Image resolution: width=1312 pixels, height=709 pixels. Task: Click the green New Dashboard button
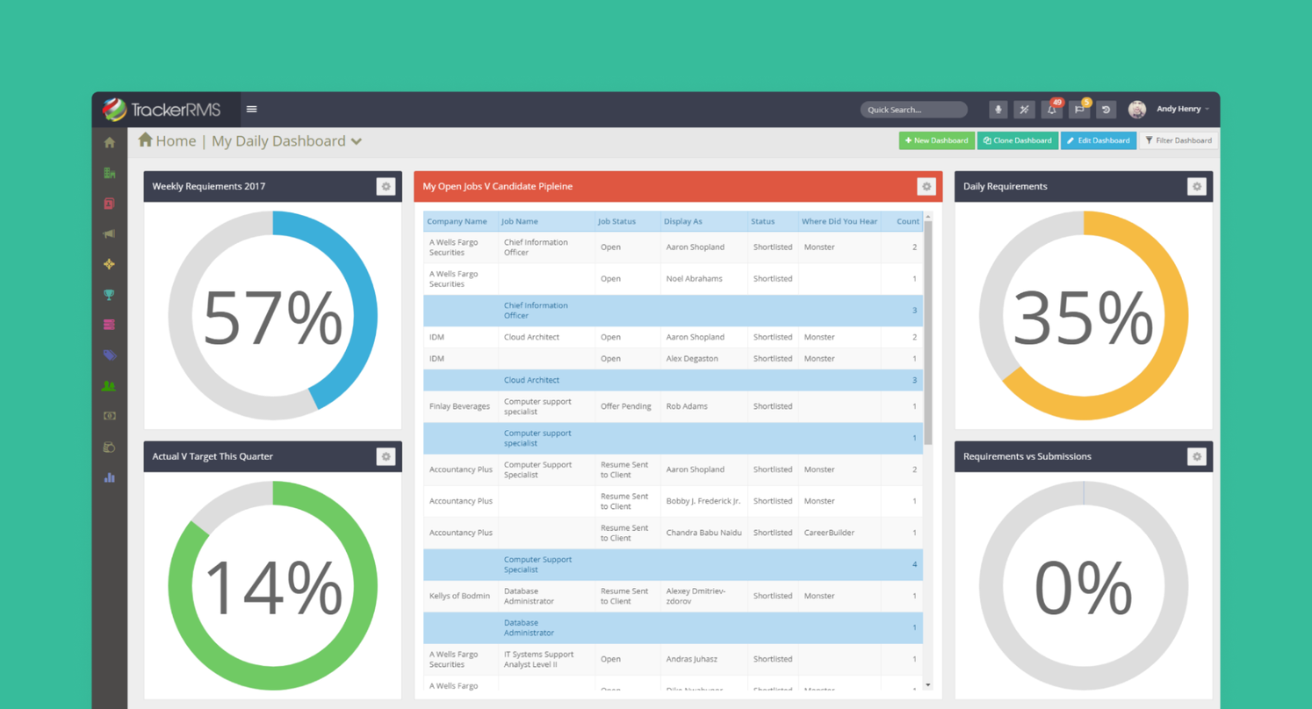(x=936, y=140)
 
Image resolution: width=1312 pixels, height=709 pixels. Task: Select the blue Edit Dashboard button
(x=1098, y=140)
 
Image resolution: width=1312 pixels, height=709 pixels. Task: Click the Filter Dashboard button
(x=1179, y=140)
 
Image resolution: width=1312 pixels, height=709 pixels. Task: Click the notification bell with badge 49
(x=1051, y=110)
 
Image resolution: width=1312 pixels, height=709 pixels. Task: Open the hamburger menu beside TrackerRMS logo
(x=252, y=109)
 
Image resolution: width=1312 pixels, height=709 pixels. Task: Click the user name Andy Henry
(x=1178, y=109)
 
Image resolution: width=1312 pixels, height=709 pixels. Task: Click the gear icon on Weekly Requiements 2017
(x=386, y=186)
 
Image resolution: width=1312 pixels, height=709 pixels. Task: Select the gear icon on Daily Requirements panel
(x=1196, y=186)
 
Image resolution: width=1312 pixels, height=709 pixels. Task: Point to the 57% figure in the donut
(x=272, y=318)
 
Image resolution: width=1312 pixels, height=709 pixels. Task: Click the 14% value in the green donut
(x=272, y=587)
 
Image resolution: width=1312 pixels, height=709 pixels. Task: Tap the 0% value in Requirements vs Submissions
(x=1083, y=587)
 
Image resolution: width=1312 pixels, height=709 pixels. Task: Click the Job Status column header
(x=616, y=221)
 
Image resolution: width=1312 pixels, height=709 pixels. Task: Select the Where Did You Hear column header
(x=839, y=221)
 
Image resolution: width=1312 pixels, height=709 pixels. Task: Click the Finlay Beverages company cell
(x=459, y=406)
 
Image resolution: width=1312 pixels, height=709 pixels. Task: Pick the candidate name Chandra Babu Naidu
(x=703, y=533)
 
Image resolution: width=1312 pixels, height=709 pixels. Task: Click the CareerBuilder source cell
(x=828, y=533)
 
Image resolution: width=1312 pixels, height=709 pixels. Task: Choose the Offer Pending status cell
(x=625, y=406)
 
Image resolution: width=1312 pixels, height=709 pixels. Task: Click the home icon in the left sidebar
(x=110, y=143)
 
